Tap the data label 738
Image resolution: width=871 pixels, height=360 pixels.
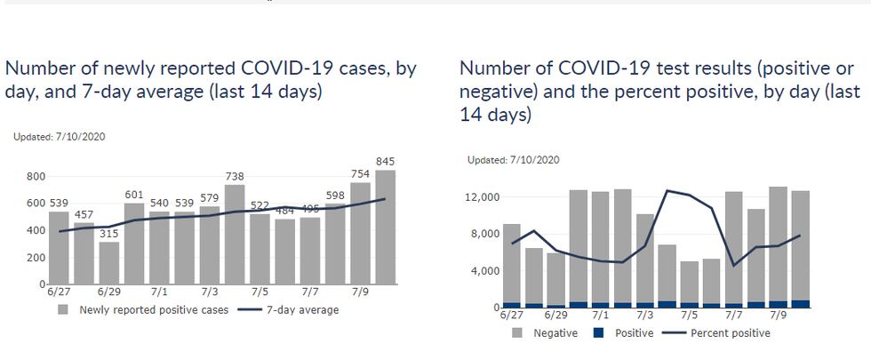point(235,177)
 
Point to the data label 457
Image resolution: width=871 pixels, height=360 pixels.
point(84,215)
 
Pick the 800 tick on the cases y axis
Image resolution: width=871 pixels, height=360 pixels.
point(36,177)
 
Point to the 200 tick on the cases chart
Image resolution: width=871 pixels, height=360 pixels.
point(36,257)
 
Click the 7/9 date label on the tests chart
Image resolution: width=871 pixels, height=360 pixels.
point(778,315)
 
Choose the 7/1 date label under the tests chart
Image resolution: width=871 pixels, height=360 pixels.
point(600,315)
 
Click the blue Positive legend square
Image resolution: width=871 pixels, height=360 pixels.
point(597,333)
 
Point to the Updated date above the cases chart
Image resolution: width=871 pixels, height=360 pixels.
point(60,137)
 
